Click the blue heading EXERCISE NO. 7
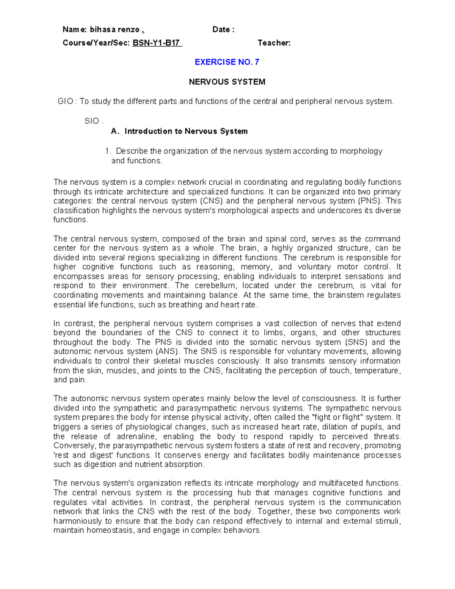pos(227,62)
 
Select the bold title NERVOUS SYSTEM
pos(227,82)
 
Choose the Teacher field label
pos(274,43)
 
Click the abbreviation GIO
pos(65,101)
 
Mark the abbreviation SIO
pos(92,121)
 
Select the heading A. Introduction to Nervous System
pos(179,131)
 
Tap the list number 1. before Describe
pos(108,151)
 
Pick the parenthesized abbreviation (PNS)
pos(370,201)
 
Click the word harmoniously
pos(78,521)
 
